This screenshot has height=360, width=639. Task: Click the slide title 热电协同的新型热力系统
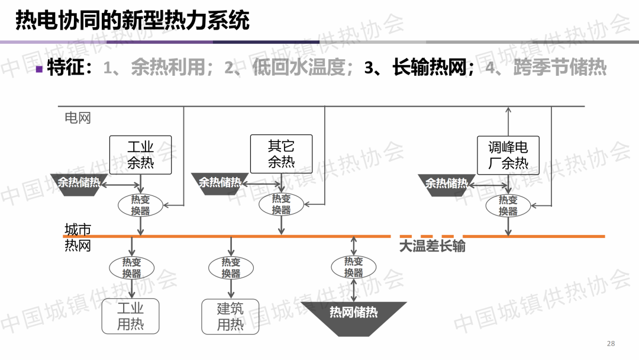click(132, 20)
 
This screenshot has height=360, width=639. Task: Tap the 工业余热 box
click(140, 155)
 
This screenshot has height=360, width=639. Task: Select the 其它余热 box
click(281, 154)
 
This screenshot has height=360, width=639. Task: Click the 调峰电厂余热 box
click(508, 155)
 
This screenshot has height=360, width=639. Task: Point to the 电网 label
click(78, 117)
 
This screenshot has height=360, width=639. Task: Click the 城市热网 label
click(78, 237)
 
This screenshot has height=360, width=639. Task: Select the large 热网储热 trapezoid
click(354, 313)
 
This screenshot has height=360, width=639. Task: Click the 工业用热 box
click(130, 317)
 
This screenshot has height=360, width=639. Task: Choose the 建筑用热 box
click(230, 317)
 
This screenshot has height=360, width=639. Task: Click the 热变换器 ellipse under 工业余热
click(141, 205)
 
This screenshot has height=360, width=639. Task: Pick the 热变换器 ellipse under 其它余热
click(282, 205)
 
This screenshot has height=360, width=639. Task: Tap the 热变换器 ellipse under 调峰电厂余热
click(508, 205)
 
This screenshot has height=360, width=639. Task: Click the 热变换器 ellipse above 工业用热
click(131, 268)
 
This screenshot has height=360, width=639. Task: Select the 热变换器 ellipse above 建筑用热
click(231, 268)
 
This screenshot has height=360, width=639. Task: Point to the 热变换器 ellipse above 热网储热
click(354, 267)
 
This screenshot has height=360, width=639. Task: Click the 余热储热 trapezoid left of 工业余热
click(79, 182)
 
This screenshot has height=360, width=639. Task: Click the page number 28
click(611, 344)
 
